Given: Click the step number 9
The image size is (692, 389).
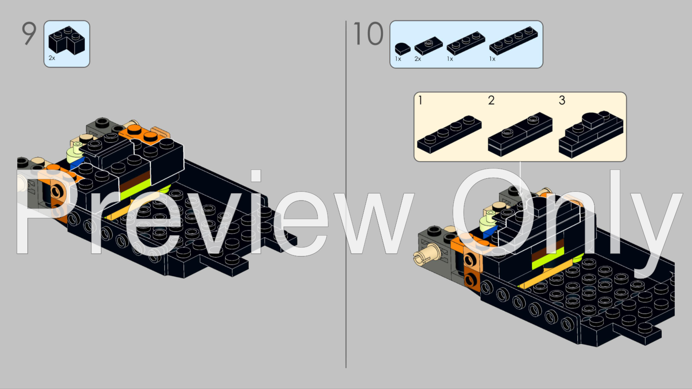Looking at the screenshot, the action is (x=29, y=33).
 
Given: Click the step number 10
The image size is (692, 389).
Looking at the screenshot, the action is (x=368, y=33).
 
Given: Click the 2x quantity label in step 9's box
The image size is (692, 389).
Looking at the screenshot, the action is (x=52, y=58).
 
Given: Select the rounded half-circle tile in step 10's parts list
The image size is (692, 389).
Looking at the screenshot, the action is (x=403, y=49).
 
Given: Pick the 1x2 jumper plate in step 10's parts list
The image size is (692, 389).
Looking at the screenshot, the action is (x=429, y=47).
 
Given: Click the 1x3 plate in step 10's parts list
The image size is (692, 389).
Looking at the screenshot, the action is (x=466, y=43).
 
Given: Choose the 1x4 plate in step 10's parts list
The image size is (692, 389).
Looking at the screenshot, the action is (x=513, y=41).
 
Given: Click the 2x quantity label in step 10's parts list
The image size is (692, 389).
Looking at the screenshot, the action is (x=418, y=59).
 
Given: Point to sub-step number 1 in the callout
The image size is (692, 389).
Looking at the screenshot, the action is (x=420, y=100).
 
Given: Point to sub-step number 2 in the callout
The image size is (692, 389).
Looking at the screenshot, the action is (x=491, y=100).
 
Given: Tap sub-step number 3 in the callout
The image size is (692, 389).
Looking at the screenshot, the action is (x=562, y=100).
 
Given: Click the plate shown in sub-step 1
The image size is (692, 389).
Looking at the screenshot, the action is (x=449, y=134).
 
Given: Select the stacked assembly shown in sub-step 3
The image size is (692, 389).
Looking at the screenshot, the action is (x=591, y=135).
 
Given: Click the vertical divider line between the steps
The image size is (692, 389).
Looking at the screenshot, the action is (x=346, y=194).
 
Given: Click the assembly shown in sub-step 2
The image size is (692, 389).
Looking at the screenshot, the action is (x=520, y=134).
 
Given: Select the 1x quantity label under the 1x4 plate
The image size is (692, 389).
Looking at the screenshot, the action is (x=493, y=59).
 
